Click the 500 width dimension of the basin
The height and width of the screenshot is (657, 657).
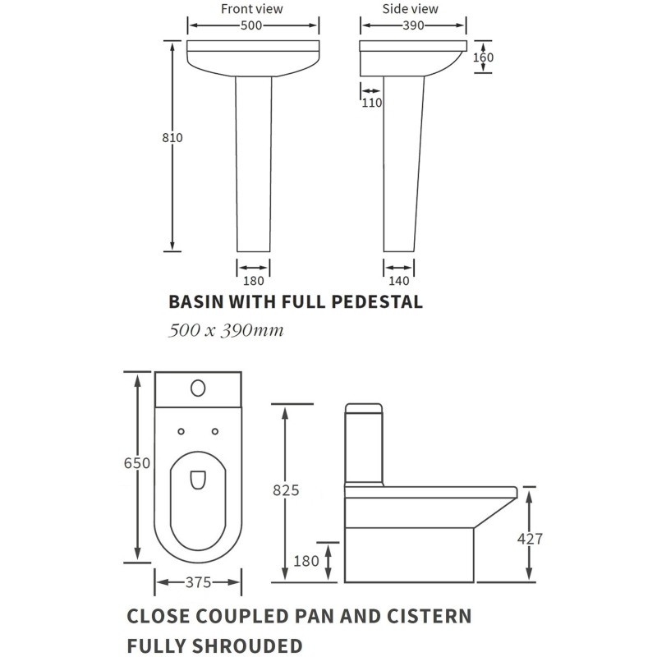coord(251,25)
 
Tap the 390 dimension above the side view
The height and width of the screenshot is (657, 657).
coord(413,25)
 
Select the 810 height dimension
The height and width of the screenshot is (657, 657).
coord(172,137)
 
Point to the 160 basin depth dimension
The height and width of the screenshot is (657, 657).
coord(483,57)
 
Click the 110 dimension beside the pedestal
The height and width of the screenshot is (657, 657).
coord(372,103)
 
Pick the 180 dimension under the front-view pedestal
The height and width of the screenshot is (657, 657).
coord(254,281)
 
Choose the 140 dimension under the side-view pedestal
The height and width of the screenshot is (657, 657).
coord(399,281)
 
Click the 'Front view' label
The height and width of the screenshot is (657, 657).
coord(252,9)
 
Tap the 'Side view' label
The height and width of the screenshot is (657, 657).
coord(410,9)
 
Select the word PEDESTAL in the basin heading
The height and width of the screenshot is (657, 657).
coord(377,301)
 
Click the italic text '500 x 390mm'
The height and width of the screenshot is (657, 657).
coord(226,331)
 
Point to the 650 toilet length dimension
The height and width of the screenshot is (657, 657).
coord(137,463)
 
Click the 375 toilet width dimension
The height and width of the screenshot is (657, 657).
coord(198,582)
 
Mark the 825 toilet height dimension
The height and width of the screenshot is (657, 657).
coord(286,490)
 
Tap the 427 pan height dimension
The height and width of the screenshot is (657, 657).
coord(530,539)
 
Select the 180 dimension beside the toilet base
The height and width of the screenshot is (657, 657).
coord(306,561)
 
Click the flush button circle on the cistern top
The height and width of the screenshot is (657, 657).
coord(198,388)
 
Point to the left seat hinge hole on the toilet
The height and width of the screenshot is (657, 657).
coord(181,432)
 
